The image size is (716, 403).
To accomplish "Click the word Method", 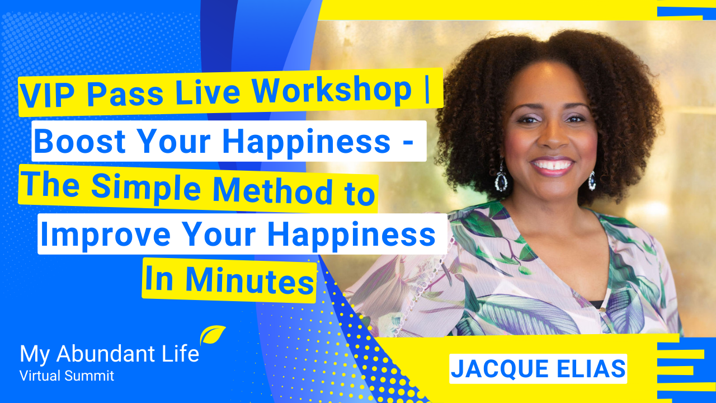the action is click(272, 191).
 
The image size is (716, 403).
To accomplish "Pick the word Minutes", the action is click(249, 280).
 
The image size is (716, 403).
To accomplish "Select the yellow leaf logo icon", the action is click(212, 335).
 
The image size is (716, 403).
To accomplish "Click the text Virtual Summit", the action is click(67, 376).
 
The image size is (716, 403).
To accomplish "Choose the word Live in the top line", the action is click(208, 91).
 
